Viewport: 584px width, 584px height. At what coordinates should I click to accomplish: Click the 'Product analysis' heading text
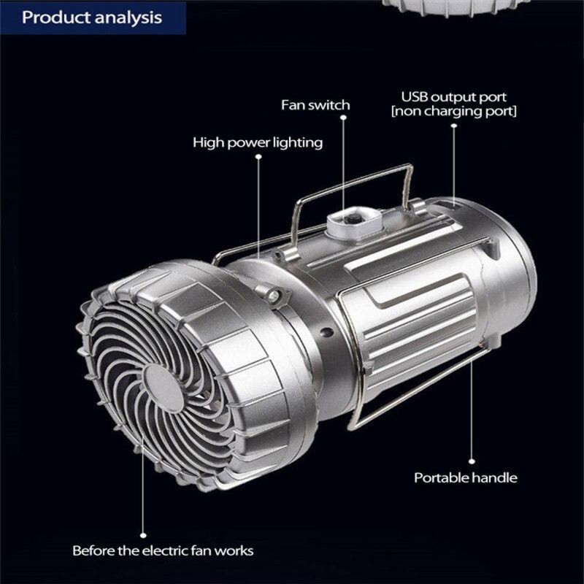click(x=92, y=18)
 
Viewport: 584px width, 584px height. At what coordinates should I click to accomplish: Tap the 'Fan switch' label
click(x=315, y=105)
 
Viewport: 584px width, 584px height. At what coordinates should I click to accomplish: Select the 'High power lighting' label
click(x=258, y=142)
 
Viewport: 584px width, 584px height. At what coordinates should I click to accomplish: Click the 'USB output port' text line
click(x=453, y=97)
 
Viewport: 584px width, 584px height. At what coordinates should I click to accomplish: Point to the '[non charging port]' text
click(x=454, y=112)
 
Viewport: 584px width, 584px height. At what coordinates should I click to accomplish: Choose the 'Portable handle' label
click(x=466, y=477)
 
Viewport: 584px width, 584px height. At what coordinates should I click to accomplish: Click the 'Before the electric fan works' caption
click(x=163, y=550)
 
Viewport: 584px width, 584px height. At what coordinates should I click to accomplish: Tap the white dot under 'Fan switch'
click(x=343, y=118)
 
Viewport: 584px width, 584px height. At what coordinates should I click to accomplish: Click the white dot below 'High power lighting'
click(x=258, y=156)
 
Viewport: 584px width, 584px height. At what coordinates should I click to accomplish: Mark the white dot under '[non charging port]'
click(x=453, y=126)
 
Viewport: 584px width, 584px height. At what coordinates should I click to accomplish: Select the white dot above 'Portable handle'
click(x=472, y=461)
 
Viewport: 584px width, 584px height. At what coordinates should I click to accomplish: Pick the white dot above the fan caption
click(x=143, y=536)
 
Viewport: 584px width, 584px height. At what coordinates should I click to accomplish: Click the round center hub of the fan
click(x=164, y=388)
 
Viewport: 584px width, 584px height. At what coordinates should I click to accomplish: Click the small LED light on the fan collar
click(x=273, y=297)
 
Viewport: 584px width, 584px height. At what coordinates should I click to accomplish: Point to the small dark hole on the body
click(x=326, y=331)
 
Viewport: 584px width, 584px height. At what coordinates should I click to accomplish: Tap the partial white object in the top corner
click(x=450, y=7)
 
